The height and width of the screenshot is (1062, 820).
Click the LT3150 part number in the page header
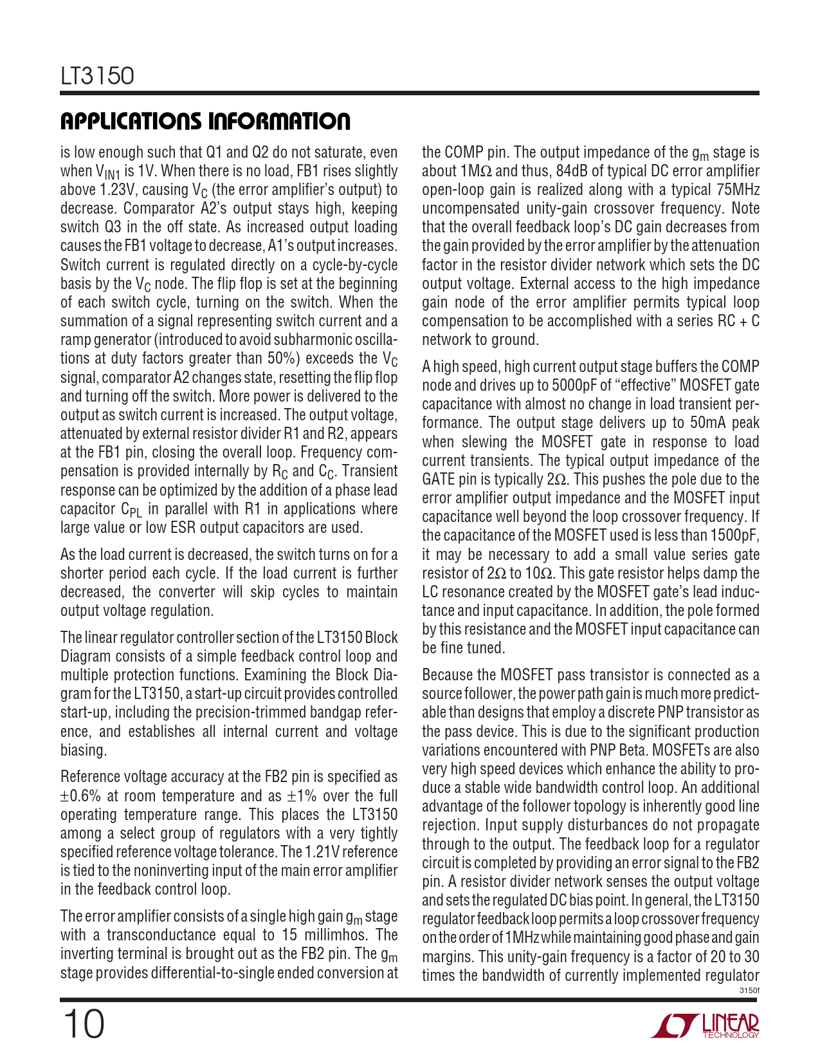pos(97,77)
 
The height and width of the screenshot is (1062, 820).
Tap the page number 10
pos(83,1025)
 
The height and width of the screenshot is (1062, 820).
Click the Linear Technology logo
pos(705,1026)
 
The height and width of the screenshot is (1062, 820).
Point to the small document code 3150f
pos(749,991)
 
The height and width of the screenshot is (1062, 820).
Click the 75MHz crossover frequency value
pos(736,190)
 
